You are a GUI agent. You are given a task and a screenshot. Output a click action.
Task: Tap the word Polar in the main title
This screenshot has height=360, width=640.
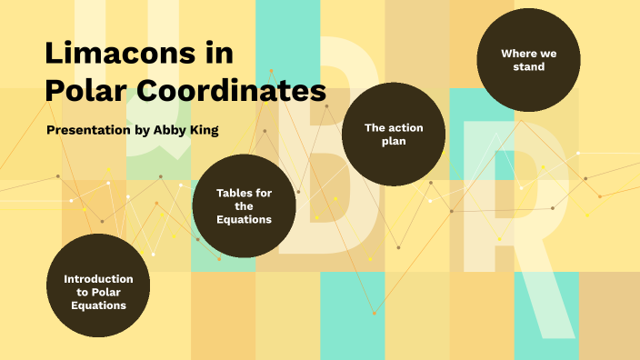(87, 91)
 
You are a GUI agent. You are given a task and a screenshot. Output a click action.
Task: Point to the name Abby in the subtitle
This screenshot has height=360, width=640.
(171, 130)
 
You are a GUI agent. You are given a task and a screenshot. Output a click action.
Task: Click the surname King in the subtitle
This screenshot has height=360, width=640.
(205, 130)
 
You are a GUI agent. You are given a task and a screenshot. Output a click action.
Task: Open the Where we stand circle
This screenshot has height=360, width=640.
(528, 60)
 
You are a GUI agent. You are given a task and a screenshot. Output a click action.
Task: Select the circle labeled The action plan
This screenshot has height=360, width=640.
(394, 135)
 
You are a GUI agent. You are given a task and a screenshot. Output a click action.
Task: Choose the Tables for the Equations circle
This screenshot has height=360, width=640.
(245, 205)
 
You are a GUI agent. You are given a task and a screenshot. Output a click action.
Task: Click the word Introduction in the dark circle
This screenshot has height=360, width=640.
(98, 278)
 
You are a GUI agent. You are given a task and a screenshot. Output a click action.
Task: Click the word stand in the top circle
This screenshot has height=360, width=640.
(528, 67)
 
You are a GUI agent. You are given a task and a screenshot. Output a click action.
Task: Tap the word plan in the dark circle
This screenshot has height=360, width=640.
(394, 142)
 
